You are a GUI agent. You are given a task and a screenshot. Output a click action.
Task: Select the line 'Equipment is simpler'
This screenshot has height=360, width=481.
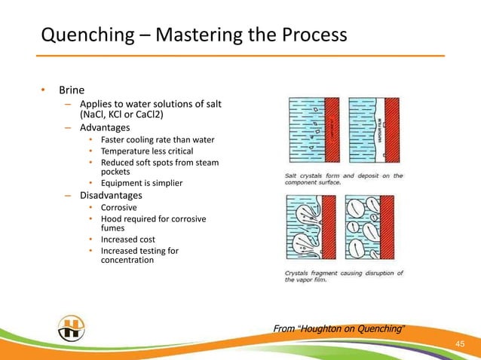[x=141, y=183]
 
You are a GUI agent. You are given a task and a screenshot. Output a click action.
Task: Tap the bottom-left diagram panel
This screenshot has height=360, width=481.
[x=300, y=228]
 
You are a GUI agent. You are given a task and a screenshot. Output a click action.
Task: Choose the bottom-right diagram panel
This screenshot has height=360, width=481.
[x=371, y=228]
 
